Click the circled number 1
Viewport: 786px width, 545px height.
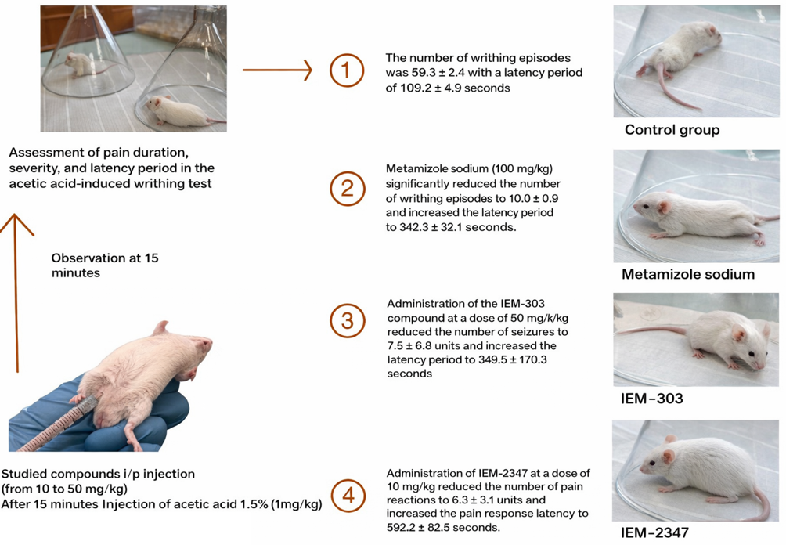pyautogui.click(x=346, y=70)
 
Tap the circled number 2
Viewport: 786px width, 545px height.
pyautogui.click(x=348, y=189)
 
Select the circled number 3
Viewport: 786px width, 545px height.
pyautogui.click(x=348, y=321)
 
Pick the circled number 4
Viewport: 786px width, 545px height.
pyautogui.click(x=348, y=496)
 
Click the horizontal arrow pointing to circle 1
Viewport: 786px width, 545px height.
pyautogui.click(x=277, y=70)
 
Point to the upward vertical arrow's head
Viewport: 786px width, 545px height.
pyautogui.click(x=16, y=225)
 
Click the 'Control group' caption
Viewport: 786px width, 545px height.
pyautogui.click(x=672, y=130)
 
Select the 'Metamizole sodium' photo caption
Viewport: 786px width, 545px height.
pyautogui.click(x=687, y=274)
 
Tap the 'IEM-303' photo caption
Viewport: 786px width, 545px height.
pyautogui.click(x=651, y=399)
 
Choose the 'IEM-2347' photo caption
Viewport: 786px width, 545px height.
pyautogui.click(x=654, y=532)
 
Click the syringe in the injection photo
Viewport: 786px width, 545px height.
pyautogui.click(x=55, y=425)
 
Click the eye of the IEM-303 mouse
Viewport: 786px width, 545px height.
pyautogui.click(x=752, y=354)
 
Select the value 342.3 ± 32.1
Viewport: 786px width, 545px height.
pyautogui.click(x=439, y=227)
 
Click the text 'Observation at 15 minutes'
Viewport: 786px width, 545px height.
pyautogui.click(x=105, y=265)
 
